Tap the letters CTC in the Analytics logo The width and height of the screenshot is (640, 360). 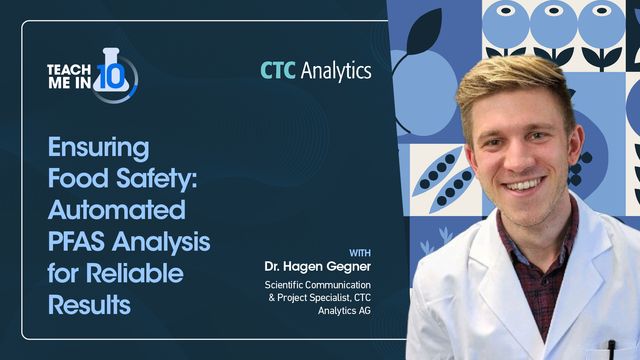click(279, 70)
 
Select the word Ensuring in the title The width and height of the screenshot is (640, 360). click(98, 149)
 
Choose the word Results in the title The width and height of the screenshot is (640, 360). click(89, 304)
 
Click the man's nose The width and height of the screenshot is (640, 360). click(518, 157)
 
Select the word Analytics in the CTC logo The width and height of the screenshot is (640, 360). click(336, 70)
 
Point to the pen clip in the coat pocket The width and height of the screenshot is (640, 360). click(611, 349)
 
